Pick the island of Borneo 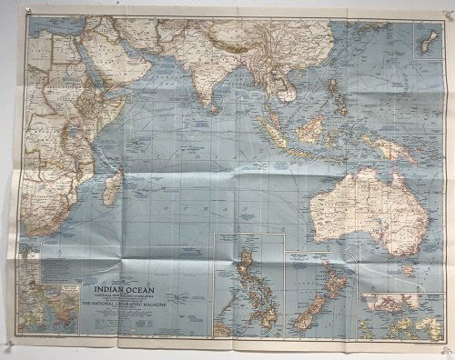point(309,129)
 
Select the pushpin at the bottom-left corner point(7,347)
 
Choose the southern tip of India point(211,102)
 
